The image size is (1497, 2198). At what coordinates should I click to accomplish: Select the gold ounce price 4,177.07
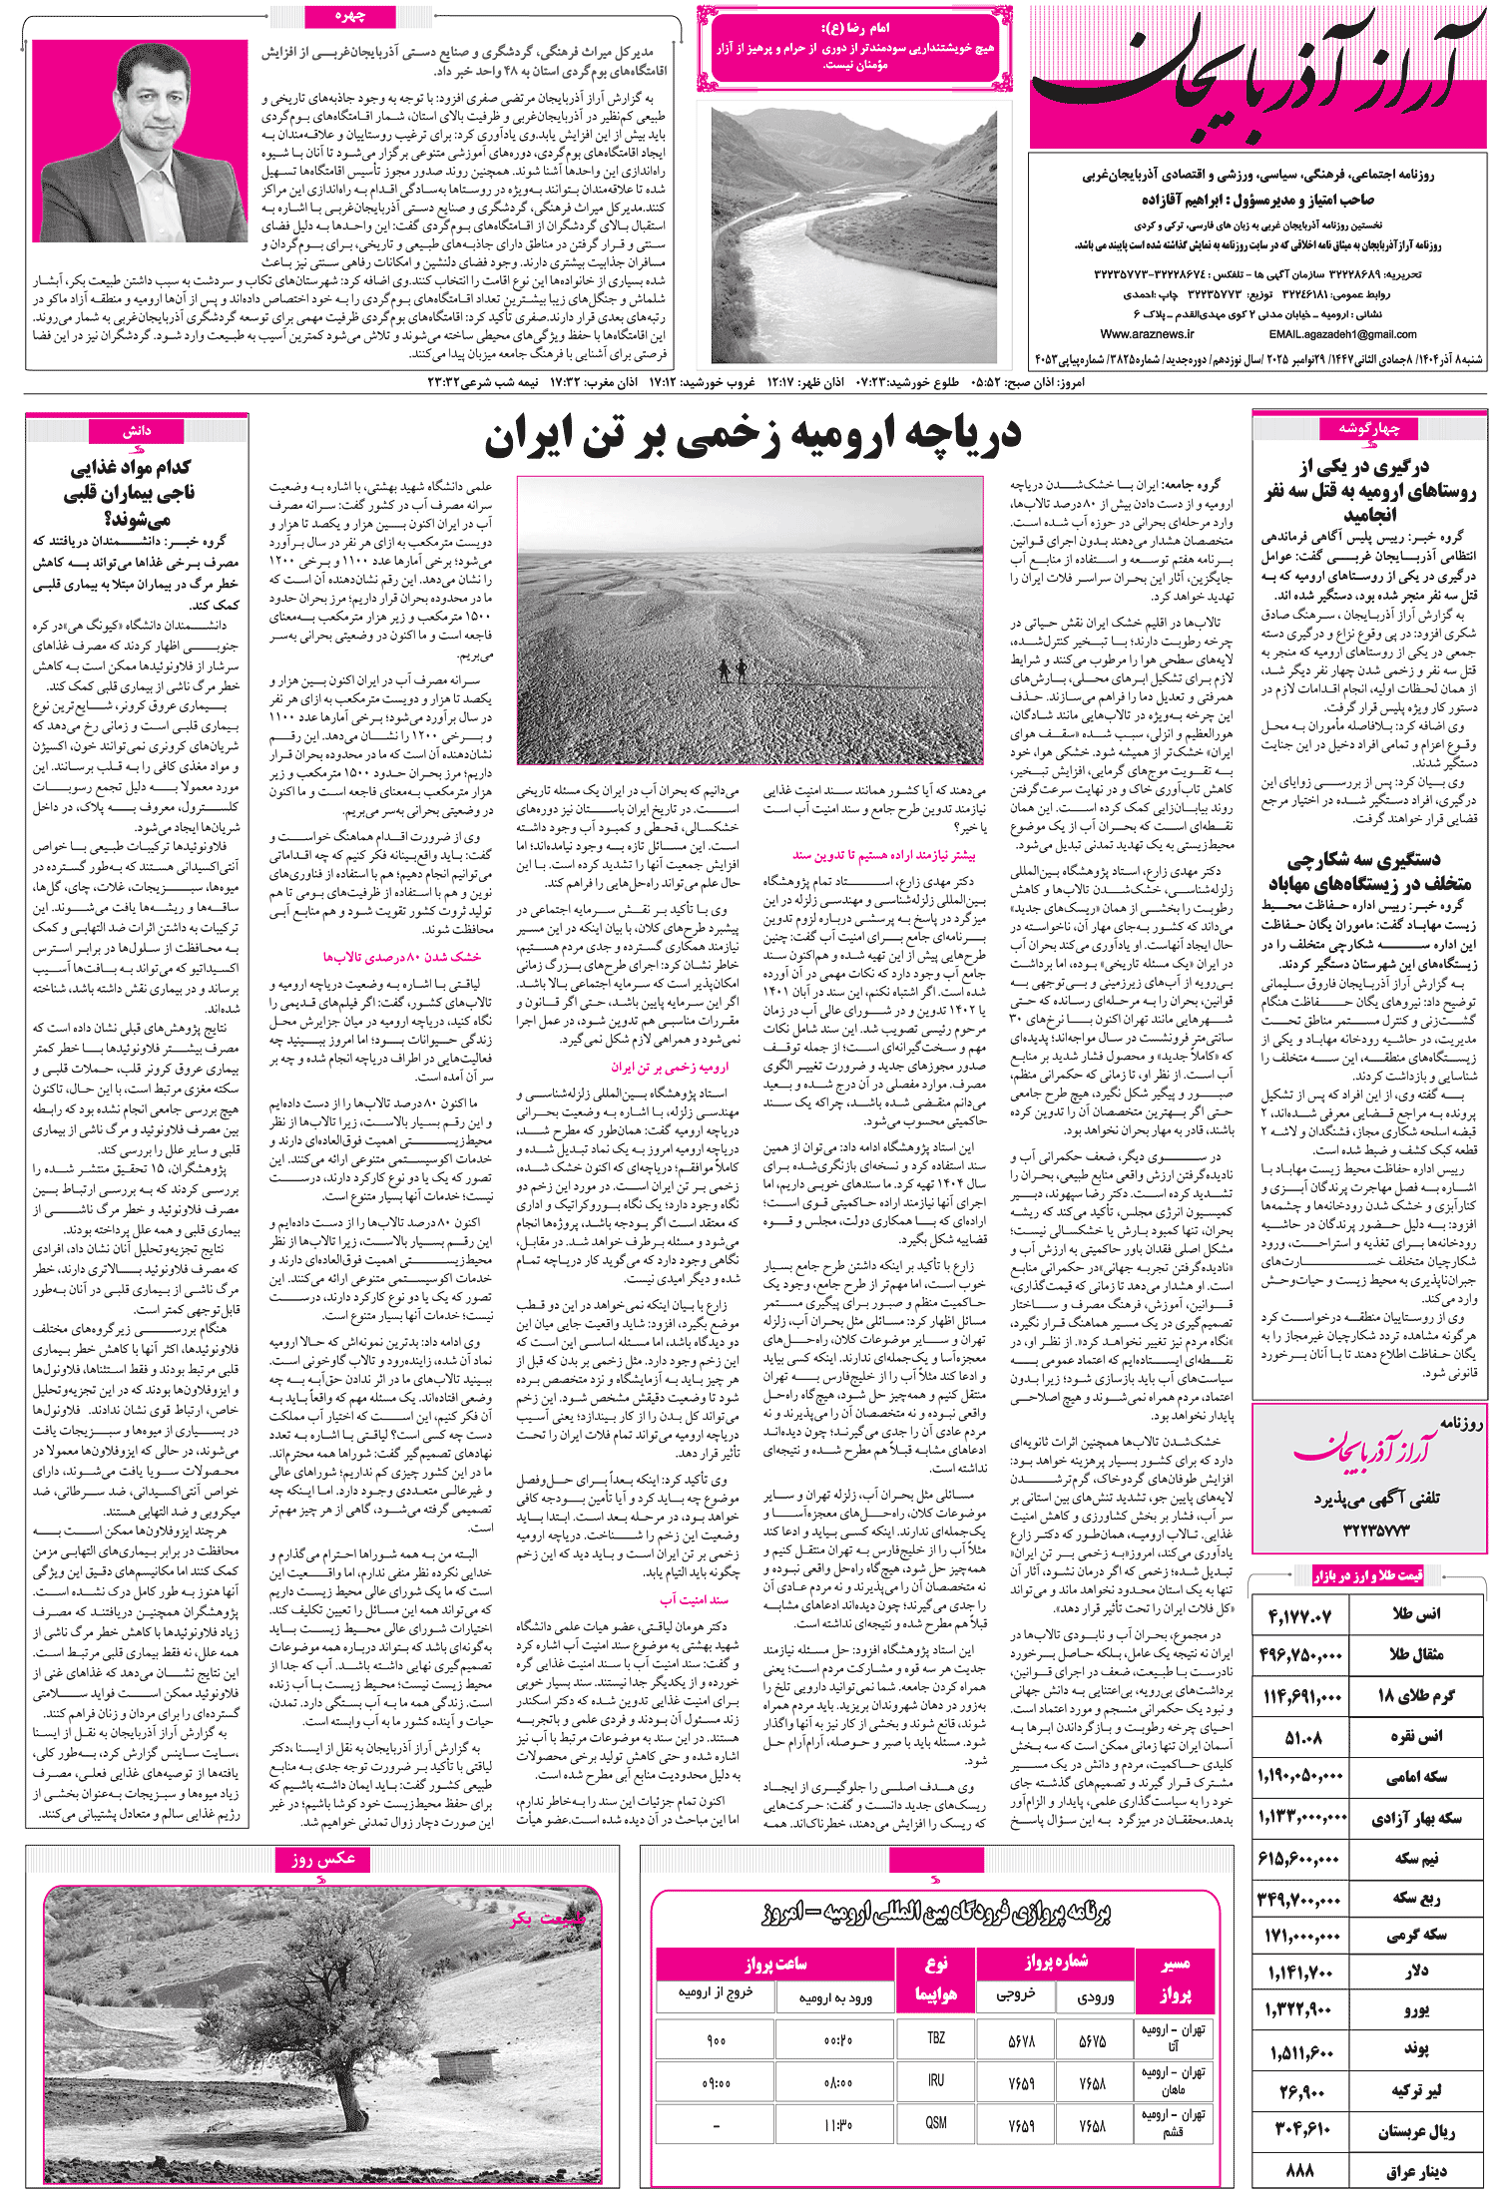coord(1300,1615)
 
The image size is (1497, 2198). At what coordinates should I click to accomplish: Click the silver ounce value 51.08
coord(1302,1737)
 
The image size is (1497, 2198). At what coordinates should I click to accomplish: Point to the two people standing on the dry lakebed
coord(733,667)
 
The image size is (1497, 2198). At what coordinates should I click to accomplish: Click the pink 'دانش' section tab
coord(137,431)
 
